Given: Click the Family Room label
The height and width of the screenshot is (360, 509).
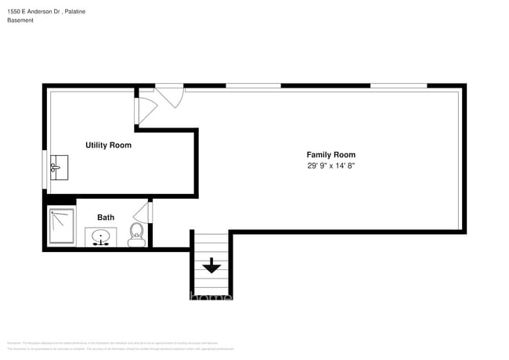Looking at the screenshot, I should tap(330, 155).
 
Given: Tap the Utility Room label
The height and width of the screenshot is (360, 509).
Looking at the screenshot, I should tap(108, 146).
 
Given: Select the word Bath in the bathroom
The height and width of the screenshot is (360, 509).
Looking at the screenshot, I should tap(106, 218).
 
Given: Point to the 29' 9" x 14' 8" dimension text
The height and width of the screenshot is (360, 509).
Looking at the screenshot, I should tap(330, 166).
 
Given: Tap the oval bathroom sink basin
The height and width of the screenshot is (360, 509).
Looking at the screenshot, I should tap(101, 236).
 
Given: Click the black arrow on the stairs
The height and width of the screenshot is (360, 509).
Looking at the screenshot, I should tap(211, 267).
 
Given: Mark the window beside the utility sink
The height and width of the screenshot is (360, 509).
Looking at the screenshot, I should tap(44, 168).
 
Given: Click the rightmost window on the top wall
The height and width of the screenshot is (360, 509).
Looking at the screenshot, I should tap(399, 85).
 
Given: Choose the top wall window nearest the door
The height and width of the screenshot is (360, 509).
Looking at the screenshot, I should tap(253, 85).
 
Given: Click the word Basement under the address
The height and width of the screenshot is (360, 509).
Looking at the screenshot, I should tap(20, 20).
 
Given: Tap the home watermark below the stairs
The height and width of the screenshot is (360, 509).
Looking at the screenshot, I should tap(211, 297).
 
